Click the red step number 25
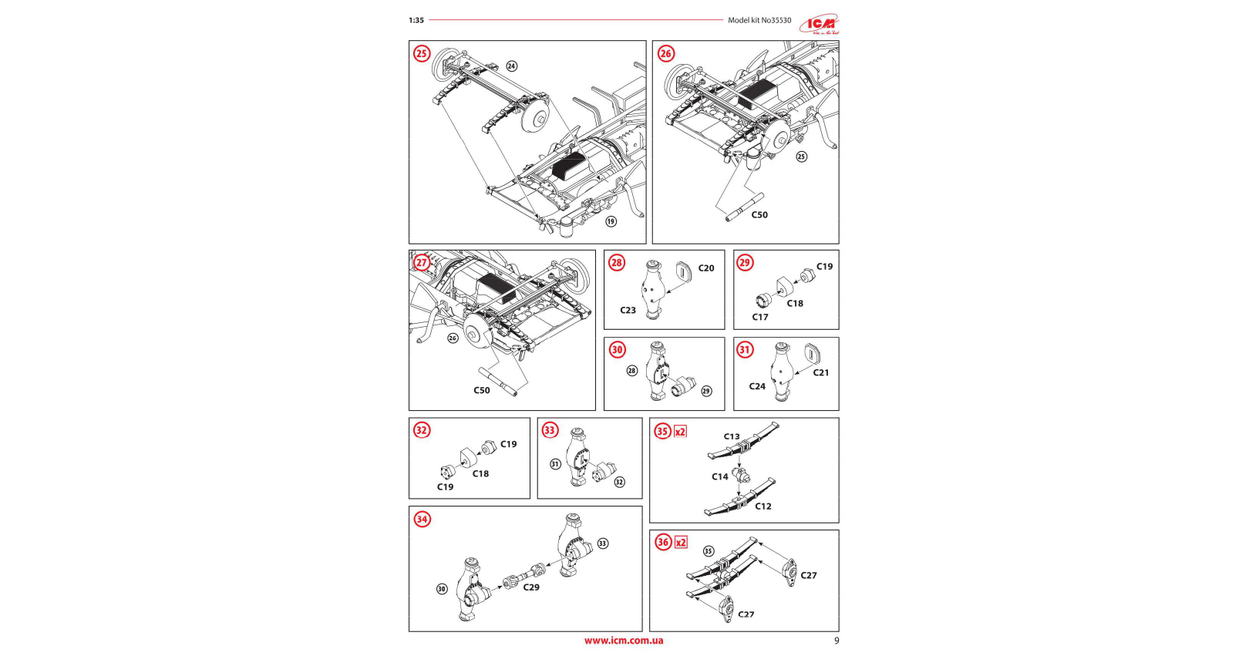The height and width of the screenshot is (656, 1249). point(422,53)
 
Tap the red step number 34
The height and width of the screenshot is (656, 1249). point(422,519)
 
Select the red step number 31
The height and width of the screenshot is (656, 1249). point(745,350)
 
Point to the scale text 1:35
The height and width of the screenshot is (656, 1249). point(416,21)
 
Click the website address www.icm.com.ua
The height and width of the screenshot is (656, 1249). point(623,641)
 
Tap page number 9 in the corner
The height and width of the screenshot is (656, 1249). point(837,641)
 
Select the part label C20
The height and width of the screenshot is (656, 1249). point(706,268)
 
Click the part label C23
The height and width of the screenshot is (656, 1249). point(628,311)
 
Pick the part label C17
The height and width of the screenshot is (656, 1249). point(760,317)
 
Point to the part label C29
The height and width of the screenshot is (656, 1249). point(531,587)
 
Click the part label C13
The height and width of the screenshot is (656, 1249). point(732,436)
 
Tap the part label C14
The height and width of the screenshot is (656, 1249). point(720,476)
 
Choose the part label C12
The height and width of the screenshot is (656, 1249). point(763,506)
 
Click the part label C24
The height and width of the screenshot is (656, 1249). point(757,386)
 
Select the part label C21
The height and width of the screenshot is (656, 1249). point(821,372)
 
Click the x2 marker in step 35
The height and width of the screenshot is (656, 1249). point(680,432)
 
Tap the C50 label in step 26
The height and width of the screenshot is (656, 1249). point(759,215)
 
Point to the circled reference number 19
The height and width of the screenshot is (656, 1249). point(611,221)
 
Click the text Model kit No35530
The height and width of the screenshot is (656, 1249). point(759,21)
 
